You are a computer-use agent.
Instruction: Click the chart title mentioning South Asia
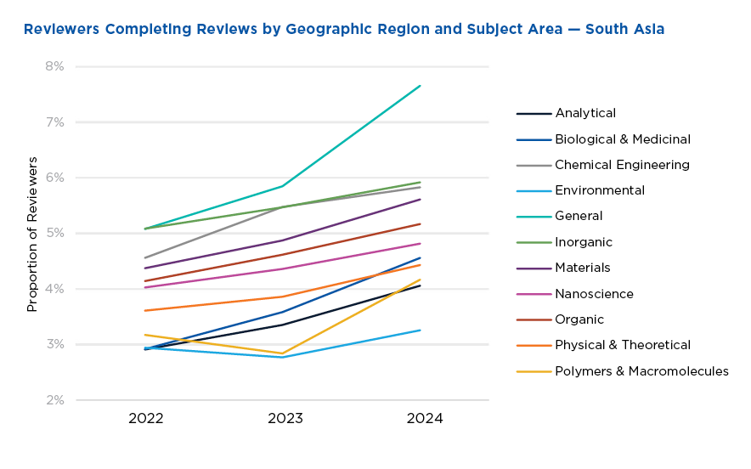pyautogui.click(x=343, y=30)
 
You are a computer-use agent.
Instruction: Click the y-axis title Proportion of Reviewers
pyautogui.click(x=33, y=234)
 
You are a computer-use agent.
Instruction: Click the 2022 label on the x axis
pyautogui.click(x=145, y=419)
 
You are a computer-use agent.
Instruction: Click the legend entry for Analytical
pyautogui.click(x=585, y=113)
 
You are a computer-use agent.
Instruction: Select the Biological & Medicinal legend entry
pyautogui.click(x=622, y=139)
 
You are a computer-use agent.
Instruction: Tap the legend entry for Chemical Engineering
pyautogui.click(x=622, y=165)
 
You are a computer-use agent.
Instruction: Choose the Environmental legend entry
pyautogui.click(x=600, y=190)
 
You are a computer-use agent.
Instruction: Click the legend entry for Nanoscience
pyautogui.click(x=594, y=294)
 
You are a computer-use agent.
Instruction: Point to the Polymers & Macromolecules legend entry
pyautogui.click(x=641, y=371)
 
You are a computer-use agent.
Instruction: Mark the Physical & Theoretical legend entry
pyautogui.click(x=622, y=345)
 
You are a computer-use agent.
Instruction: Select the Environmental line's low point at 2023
pyautogui.click(x=283, y=357)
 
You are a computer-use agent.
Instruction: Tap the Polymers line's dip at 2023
pyautogui.click(x=283, y=353)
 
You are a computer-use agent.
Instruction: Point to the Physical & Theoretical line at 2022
pyautogui.click(x=145, y=310)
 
